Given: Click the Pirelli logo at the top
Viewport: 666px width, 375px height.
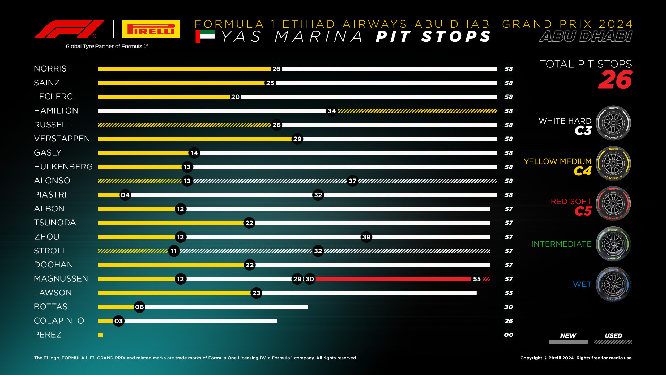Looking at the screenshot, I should pyautogui.click(x=151, y=29).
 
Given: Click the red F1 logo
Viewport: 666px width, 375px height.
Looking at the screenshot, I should pyautogui.click(x=69, y=29).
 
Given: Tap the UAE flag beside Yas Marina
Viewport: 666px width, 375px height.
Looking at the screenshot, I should pyautogui.click(x=205, y=36).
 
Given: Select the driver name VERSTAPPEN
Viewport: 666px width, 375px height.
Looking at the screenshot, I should pyautogui.click(x=62, y=139).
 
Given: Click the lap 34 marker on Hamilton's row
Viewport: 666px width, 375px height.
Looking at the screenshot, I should pyautogui.click(x=332, y=111).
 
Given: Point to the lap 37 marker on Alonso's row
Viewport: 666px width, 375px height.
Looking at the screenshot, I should pyautogui.click(x=352, y=181).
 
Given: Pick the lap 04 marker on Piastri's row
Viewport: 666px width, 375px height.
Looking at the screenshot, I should pyautogui.click(x=125, y=195).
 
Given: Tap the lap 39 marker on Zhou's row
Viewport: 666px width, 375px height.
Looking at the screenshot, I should pyautogui.click(x=366, y=237).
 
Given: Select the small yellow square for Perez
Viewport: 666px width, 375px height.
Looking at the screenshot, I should pyautogui.click(x=101, y=335).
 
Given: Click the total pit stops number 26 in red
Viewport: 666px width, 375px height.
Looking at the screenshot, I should pyautogui.click(x=615, y=80).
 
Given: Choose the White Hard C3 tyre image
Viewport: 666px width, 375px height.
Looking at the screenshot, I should pyautogui.click(x=613, y=123).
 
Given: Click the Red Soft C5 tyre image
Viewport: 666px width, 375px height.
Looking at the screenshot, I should pyautogui.click(x=613, y=204).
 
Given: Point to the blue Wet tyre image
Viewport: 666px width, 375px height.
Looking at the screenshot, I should pyautogui.click(x=613, y=284).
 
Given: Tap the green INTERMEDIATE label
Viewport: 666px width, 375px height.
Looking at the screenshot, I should pyautogui.click(x=561, y=244).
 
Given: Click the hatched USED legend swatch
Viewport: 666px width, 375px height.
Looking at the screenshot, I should pyautogui.click(x=613, y=342).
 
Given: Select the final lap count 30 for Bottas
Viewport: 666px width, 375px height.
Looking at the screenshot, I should pyautogui.click(x=509, y=307).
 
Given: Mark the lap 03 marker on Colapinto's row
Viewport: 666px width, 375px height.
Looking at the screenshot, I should pyautogui.click(x=119, y=321).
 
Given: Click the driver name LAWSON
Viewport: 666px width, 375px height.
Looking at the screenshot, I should pyautogui.click(x=53, y=293).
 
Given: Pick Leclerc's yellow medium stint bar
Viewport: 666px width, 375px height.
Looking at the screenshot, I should pyautogui.click(x=163, y=97).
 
